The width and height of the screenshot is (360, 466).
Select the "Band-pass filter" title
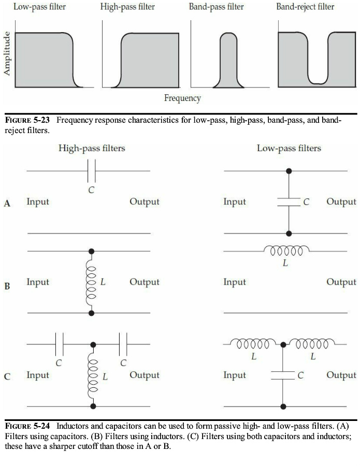[x=216, y=7]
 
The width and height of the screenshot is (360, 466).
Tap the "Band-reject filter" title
[x=305, y=7]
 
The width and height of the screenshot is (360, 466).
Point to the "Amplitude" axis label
[x=7, y=54]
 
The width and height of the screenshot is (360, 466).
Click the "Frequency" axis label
[x=182, y=98]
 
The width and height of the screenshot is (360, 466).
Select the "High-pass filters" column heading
[x=92, y=149]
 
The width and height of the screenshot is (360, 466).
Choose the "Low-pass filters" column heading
[x=289, y=149]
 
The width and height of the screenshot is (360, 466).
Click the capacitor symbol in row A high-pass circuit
[x=92, y=171]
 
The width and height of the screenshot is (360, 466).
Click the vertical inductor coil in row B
[x=92, y=282]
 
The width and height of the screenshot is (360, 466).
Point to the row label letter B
[x=7, y=285]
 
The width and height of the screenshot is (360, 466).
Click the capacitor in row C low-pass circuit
[x=283, y=375]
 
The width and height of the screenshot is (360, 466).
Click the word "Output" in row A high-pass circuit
[x=144, y=202]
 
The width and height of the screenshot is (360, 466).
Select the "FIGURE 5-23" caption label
[x=27, y=121]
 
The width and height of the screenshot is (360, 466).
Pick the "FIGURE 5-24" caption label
[x=27, y=427]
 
